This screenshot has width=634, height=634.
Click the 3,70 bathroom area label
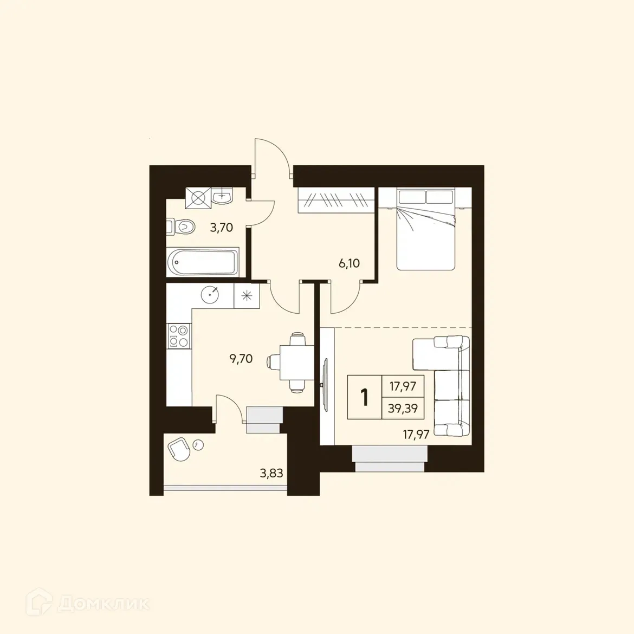tap(222, 228)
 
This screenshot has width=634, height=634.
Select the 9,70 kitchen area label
tap(241, 358)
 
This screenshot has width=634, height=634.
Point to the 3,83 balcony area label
tap(271, 474)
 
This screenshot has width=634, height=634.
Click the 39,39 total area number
tap(403, 408)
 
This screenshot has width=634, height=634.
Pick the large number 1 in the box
tap(365, 397)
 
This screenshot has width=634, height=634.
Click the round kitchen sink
tap(210, 295)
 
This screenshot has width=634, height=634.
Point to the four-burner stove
tap(179, 335)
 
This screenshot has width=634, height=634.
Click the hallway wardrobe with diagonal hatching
tap(336, 200)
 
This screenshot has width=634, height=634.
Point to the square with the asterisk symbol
tap(247, 295)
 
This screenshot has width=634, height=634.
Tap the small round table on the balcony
tap(198, 444)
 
